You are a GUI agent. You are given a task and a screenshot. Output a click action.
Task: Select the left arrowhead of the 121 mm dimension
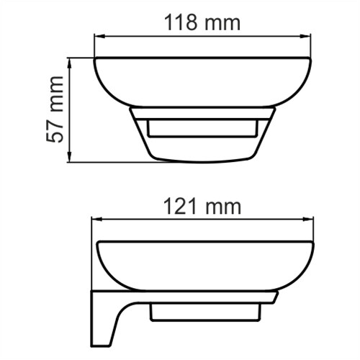point(95,220)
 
